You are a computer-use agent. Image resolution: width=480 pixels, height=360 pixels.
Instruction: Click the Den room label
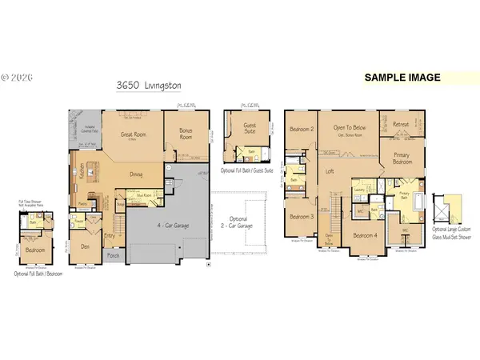[85, 247]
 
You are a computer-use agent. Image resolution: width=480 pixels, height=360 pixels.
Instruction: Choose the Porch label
[114, 256]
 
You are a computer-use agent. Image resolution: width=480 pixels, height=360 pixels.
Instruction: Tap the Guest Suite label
[244, 127]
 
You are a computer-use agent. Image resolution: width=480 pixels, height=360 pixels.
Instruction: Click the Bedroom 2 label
[301, 129]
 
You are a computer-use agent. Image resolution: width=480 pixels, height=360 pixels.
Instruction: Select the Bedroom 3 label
[300, 217]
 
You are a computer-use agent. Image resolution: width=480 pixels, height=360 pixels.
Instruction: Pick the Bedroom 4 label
[364, 235]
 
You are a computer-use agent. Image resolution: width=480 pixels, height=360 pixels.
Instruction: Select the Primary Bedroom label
[402, 158]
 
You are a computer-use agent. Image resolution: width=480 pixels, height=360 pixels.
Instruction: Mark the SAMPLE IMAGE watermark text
[402, 78]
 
